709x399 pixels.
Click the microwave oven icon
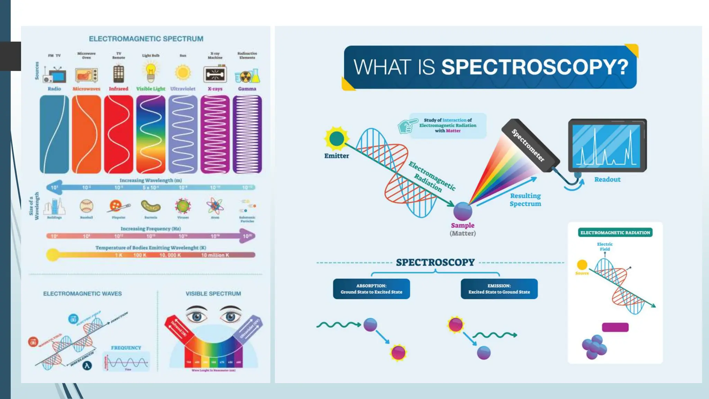tap(87, 75)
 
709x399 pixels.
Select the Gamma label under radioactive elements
tap(247, 89)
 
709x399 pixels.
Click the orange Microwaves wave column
tap(87, 134)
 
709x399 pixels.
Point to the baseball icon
tap(86, 206)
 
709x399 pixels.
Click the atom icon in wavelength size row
tap(215, 206)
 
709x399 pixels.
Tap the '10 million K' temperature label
tap(215, 255)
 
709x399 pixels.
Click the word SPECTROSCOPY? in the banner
tap(535, 67)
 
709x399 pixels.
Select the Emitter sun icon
tap(336, 139)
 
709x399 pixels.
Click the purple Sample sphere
tap(463, 211)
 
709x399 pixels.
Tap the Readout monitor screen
tap(607, 145)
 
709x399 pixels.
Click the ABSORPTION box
tap(371, 289)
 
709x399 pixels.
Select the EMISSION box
tap(499, 289)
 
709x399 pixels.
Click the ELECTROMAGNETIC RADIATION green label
tap(615, 233)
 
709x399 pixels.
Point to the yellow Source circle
tap(582, 265)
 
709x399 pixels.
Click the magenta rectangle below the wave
tap(615, 327)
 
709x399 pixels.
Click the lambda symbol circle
tap(87, 365)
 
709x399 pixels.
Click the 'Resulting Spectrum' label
tap(525, 200)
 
